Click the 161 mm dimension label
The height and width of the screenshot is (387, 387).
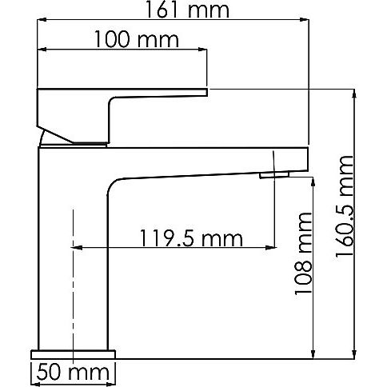187,10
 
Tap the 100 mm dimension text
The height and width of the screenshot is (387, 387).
137,39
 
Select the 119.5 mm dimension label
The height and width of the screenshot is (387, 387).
191,237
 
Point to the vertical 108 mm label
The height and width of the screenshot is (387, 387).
303,253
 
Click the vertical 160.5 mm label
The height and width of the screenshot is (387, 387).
345,205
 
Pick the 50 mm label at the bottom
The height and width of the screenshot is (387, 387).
73,373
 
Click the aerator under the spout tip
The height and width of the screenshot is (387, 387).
274,175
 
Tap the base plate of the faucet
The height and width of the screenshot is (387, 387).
74,354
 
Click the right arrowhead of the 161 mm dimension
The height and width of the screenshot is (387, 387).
305,19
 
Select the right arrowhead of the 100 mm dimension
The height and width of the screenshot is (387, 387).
202,50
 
